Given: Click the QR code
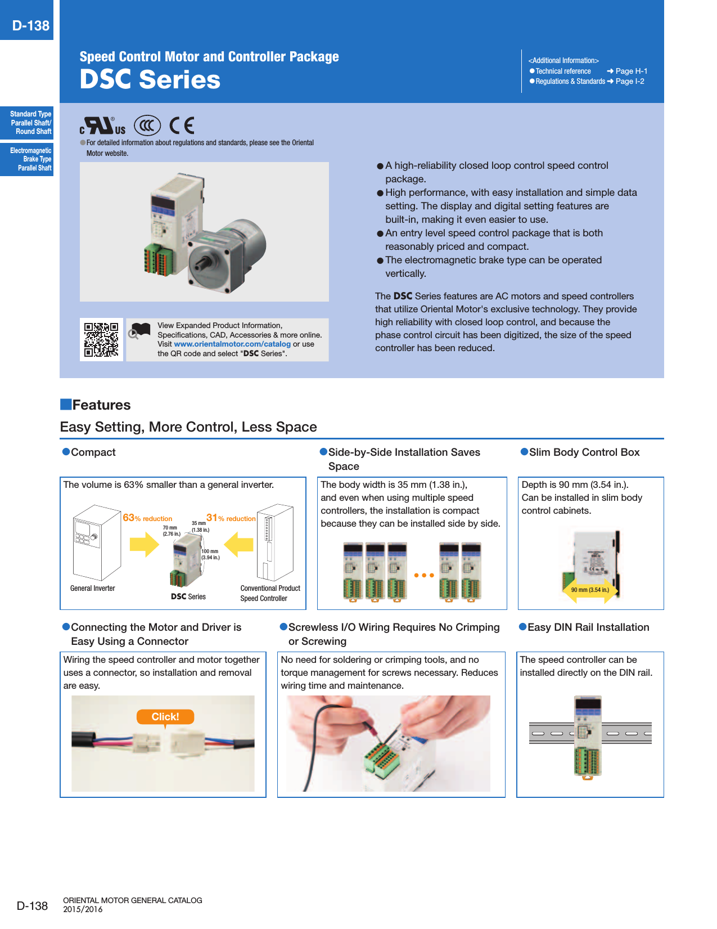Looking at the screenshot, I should [101, 340].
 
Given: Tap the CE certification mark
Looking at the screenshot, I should [182, 125].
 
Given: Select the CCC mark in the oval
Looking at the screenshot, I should [147, 125].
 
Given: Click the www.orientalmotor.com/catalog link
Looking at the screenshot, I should [232, 344].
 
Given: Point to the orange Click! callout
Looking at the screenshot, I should [165, 716].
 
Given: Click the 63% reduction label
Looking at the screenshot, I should [147, 518].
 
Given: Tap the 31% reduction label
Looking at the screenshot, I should [231, 518].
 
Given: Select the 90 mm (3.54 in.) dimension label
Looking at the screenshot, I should [590, 590].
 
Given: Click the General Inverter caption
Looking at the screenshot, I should [92, 589].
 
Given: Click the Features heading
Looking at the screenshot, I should [101, 405].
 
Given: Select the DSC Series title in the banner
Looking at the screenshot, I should [150, 79].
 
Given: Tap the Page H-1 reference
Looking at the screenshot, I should [631, 71].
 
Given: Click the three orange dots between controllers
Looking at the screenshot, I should [424, 575].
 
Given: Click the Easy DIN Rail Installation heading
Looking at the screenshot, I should [588, 627].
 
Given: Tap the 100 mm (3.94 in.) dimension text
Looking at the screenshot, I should [210, 555].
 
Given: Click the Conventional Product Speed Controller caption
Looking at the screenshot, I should [270, 593].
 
